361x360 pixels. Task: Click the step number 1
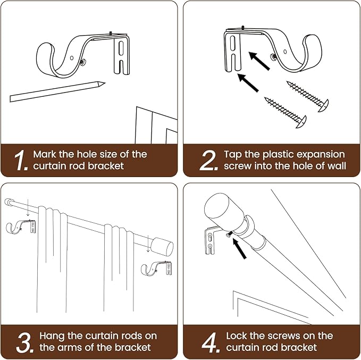tap(20, 161)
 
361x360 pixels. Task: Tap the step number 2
tap(208, 161)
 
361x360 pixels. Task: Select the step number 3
tap(24, 342)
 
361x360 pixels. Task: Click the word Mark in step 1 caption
tap(45, 154)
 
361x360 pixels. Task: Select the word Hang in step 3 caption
tap(52, 336)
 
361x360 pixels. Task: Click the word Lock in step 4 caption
tap(238, 336)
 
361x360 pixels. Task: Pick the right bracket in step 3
tap(157, 269)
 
